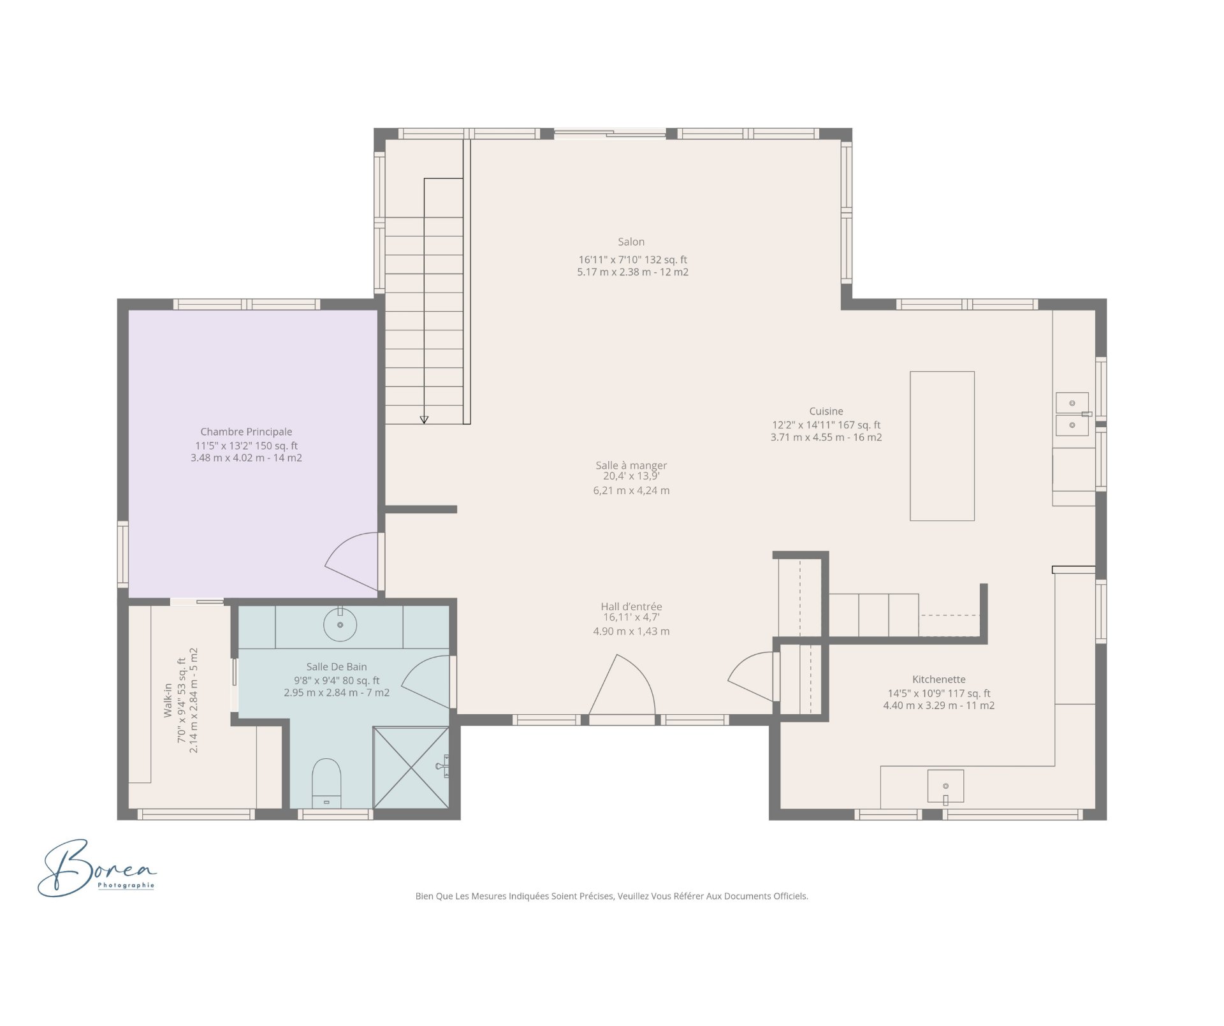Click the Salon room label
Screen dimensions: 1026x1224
(630, 242)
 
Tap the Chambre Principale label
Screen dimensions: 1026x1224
(246, 432)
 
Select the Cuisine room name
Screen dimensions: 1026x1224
(826, 411)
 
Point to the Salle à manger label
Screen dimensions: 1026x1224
(630, 465)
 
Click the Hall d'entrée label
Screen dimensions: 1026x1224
(630, 606)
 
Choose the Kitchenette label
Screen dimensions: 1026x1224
(938, 679)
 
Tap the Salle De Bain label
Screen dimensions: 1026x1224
(336, 666)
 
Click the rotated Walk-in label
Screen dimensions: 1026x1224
(168, 700)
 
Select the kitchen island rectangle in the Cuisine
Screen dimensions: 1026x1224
(942, 446)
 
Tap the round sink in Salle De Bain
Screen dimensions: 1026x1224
(340, 624)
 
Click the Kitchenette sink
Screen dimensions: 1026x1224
(945, 786)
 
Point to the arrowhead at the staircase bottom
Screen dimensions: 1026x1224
(424, 420)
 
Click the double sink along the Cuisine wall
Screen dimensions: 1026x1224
(1072, 414)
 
